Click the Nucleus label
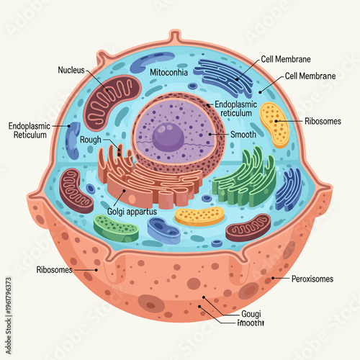click(x=71, y=70)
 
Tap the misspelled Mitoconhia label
click(x=169, y=73)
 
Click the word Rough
click(x=90, y=140)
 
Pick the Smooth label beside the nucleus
click(x=243, y=134)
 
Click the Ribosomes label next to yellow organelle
click(x=323, y=121)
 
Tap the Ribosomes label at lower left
click(x=54, y=270)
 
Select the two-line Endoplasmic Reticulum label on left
click(x=30, y=130)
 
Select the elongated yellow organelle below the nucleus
click(x=200, y=216)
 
